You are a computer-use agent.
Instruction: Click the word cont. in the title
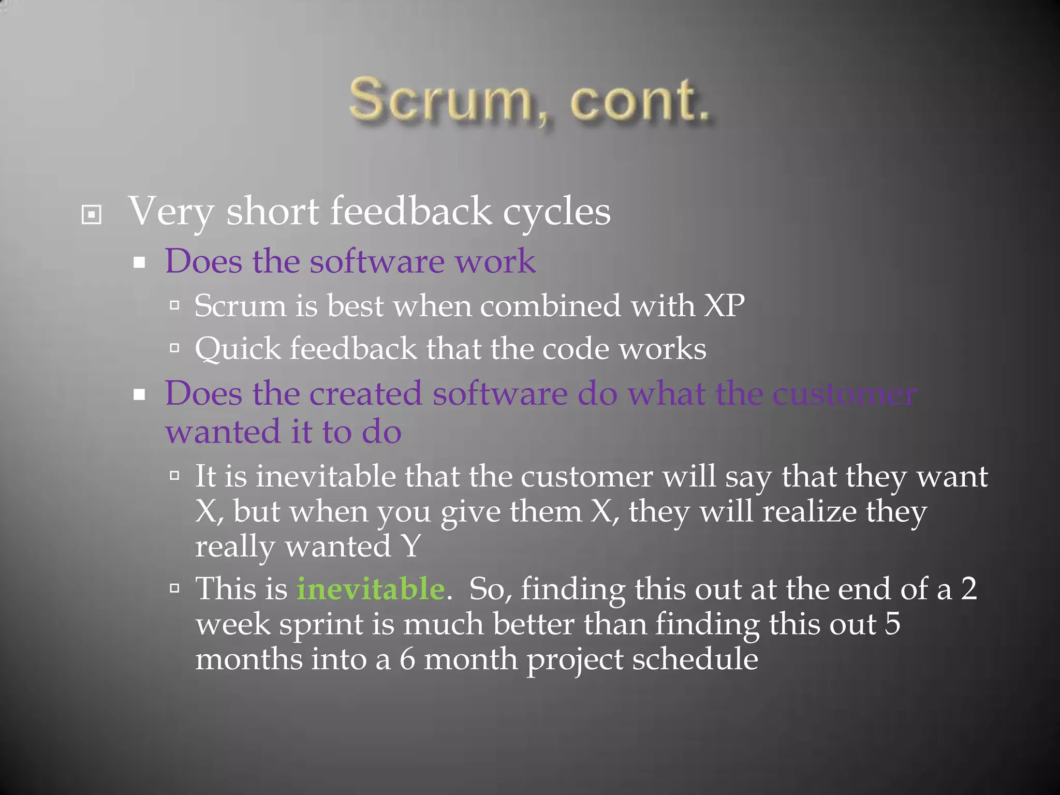point(640,101)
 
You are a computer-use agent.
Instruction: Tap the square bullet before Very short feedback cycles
point(92,214)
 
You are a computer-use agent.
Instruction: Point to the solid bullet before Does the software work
point(139,263)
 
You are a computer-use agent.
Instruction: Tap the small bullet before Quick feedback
point(174,348)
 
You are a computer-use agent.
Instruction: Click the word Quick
point(237,349)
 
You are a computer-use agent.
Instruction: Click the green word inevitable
point(371,589)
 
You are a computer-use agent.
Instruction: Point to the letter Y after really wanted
point(411,546)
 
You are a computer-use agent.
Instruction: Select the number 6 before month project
point(407,659)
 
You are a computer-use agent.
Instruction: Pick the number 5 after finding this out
point(892,624)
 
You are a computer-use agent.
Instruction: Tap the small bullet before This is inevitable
point(174,588)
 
